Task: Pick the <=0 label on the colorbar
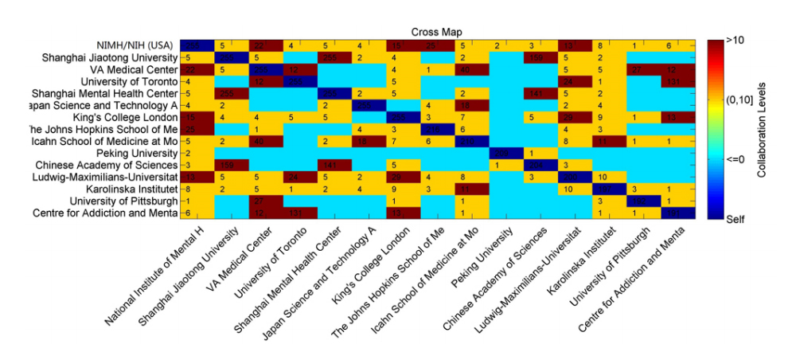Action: (x=736, y=158)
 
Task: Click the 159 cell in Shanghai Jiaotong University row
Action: (x=535, y=57)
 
